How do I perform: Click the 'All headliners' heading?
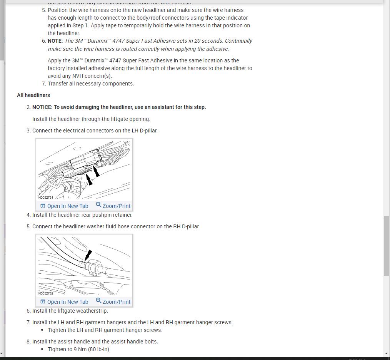coord(33,95)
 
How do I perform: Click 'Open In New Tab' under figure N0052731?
coord(67,206)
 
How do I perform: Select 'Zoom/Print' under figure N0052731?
coord(116,206)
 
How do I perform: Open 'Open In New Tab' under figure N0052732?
coord(67,302)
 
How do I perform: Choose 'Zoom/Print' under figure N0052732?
coord(116,302)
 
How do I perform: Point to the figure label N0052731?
coord(46,198)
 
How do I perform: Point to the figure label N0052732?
coord(46,293)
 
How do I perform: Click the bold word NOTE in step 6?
coord(55,41)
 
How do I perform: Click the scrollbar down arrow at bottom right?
coord(386,353)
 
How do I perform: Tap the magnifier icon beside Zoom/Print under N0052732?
coord(98,301)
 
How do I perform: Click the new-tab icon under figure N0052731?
coord(43,206)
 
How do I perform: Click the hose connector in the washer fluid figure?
coord(93,266)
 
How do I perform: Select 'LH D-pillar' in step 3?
coord(144,131)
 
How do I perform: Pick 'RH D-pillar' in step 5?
coord(186,226)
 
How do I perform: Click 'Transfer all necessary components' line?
coord(91,84)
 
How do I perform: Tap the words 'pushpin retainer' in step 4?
coord(112,215)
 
